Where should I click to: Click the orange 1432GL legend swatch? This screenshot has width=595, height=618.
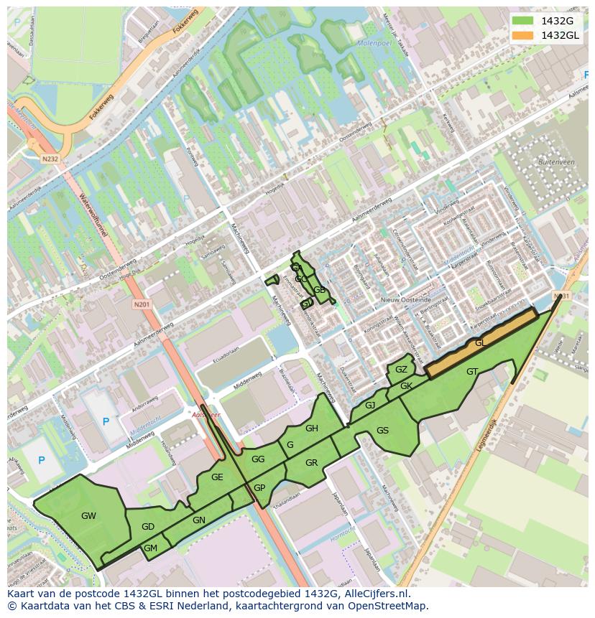point(523,35)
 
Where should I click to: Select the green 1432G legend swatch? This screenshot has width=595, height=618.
point(523,21)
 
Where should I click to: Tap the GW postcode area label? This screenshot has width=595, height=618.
point(88,515)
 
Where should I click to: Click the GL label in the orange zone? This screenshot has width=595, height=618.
point(480,343)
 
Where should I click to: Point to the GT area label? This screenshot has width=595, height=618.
point(472,372)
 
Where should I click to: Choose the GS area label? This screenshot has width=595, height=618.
point(382,431)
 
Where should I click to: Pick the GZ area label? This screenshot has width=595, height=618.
point(401,370)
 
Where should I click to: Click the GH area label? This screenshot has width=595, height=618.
point(311,429)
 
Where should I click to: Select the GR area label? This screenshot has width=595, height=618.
point(311,463)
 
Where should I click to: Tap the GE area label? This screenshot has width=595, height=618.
point(217,477)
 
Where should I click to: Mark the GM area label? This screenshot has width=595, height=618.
point(150,548)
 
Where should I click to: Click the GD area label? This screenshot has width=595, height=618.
point(148,527)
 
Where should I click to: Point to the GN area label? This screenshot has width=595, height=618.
point(199,520)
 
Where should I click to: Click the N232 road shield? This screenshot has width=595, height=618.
point(49,159)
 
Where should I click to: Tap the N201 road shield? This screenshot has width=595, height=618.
point(142,304)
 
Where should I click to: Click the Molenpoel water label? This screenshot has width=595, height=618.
point(374,44)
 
